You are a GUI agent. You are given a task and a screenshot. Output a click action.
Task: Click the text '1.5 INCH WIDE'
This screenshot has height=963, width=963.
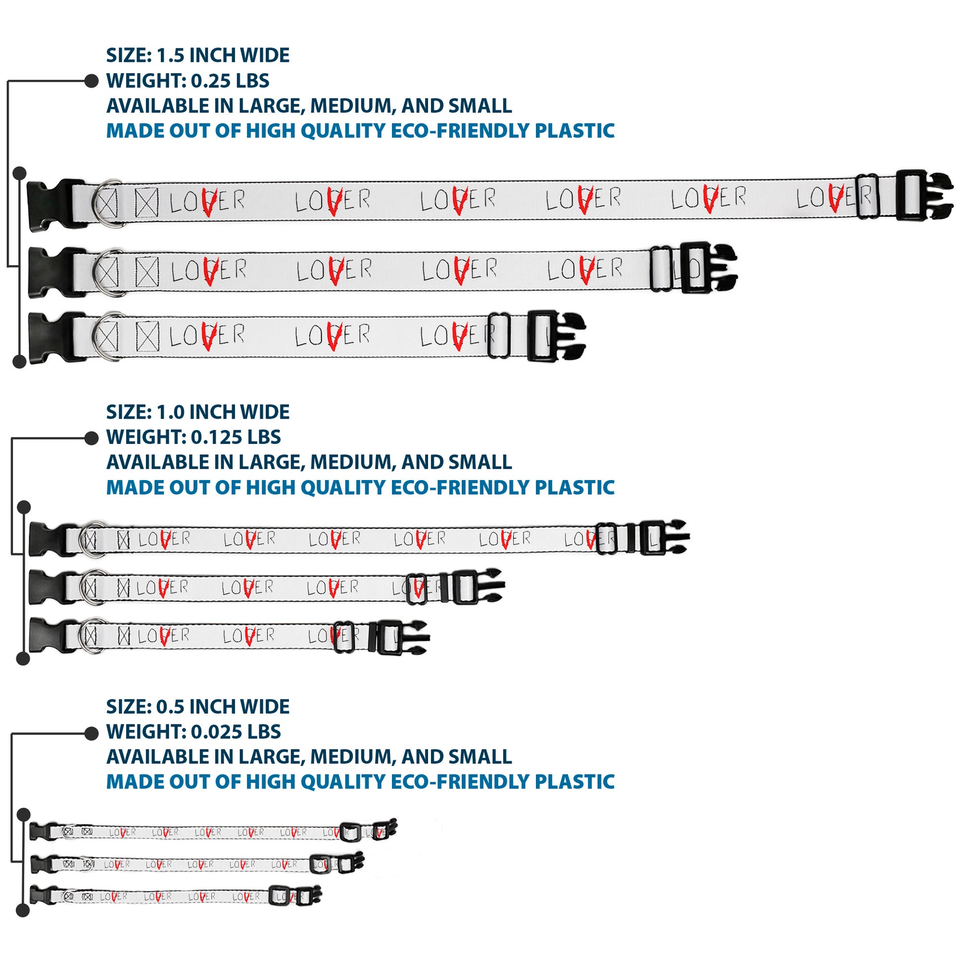[x=223, y=55]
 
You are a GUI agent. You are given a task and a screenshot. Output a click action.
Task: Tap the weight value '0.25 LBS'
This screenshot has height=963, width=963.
[x=230, y=81]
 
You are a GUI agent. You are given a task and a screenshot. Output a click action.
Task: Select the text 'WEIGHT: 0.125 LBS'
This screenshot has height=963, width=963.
[x=193, y=437]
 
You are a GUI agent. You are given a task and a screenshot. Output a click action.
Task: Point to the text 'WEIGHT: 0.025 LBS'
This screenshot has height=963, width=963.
[x=193, y=732]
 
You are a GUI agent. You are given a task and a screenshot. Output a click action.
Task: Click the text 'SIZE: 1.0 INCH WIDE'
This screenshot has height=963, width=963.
[x=197, y=412]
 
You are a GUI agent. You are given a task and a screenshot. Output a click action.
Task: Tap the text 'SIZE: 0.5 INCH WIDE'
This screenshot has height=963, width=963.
[x=197, y=707]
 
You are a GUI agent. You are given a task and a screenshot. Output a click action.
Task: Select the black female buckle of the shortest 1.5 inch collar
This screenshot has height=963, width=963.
[x=52, y=337]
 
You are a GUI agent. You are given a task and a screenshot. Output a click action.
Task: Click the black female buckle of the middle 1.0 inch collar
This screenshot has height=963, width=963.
[x=48, y=587]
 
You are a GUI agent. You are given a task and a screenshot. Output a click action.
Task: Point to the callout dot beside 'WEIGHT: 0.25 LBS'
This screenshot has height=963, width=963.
[x=91, y=81]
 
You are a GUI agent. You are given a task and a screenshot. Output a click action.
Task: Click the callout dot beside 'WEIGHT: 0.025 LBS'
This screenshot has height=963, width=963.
[x=91, y=733]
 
